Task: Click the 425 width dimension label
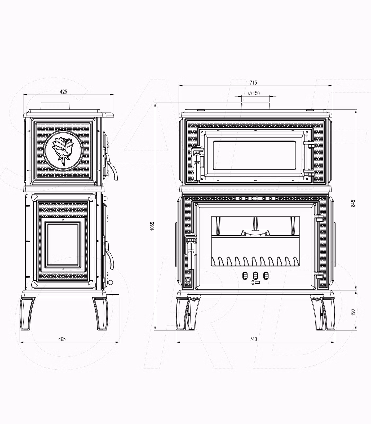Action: [64, 92]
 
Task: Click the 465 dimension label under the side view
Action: [62, 339]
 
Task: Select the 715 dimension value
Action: [253, 83]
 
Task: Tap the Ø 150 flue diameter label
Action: [254, 93]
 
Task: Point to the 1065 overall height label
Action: [152, 226]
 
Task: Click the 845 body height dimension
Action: [353, 203]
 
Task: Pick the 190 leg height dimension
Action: [353, 312]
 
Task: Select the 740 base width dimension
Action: [253, 339]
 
